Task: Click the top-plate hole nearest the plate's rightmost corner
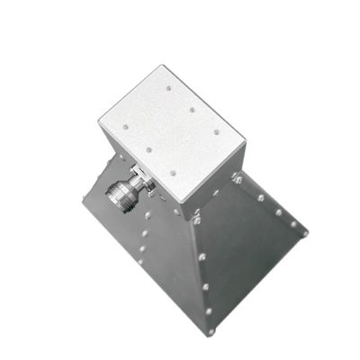click(x=216, y=132)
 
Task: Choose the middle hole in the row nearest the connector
click(x=148, y=149)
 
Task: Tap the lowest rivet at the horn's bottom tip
click(x=211, y=331)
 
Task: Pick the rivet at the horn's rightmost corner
click(x=304, y=234)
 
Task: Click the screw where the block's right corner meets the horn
click(x=238, y=180)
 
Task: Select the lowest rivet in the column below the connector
click(x=146, y=251)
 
